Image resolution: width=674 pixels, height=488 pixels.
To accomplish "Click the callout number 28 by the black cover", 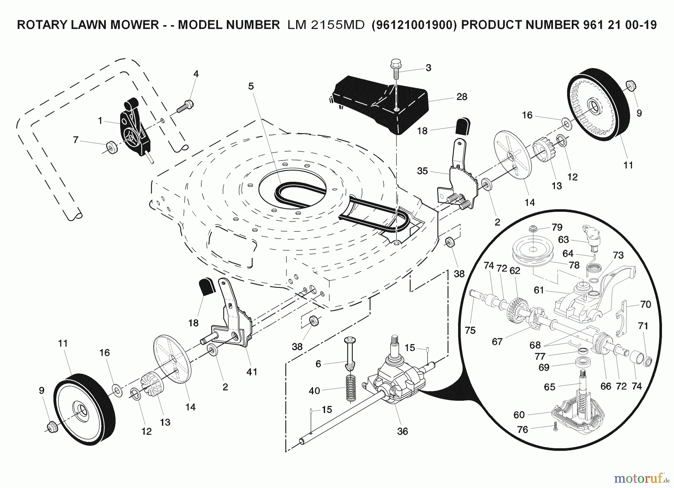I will (x=462, y=97).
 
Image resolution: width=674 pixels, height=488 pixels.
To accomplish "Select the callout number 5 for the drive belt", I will (x=251, y=86).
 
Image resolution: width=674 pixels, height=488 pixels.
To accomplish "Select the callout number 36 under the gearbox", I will (x=402, y=431).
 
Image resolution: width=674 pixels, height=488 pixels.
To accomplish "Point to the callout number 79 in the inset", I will (x=557, y=227).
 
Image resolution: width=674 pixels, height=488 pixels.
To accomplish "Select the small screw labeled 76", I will (x=555, y=425).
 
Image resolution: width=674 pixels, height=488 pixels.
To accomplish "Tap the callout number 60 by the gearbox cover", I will (x=519, y=415).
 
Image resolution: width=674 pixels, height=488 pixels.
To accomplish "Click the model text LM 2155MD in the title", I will (x=326, y=25).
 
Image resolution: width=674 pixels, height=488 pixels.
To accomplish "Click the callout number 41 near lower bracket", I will (x=252, y=371).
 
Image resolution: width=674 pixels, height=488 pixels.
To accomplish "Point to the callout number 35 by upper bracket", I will (x=422, y=171).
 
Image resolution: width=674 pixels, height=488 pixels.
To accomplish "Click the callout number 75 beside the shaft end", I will (x=470, y=330).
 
